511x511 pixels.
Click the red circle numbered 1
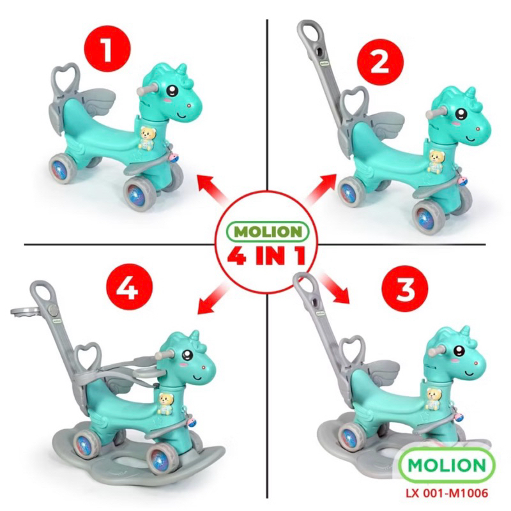[x=107, y=50]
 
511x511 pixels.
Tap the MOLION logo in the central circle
[x=267, y=232]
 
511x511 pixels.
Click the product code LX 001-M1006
[x=446, y=492]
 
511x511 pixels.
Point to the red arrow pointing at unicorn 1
[x=211, y=188]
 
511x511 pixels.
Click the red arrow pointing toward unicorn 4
[x=214, y=298]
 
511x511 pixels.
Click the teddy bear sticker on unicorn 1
[x=148, y=138]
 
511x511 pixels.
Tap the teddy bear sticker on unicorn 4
[x=166, y=404]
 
